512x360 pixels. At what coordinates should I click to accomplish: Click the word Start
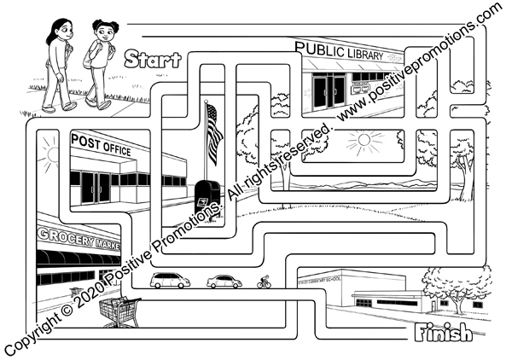point(152,60)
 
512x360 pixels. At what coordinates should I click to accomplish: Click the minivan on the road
point(171,280)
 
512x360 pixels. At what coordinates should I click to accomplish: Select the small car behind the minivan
point(224,281)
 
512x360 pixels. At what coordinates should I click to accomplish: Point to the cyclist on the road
point(264,281)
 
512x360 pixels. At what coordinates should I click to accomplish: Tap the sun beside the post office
point(46,152)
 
